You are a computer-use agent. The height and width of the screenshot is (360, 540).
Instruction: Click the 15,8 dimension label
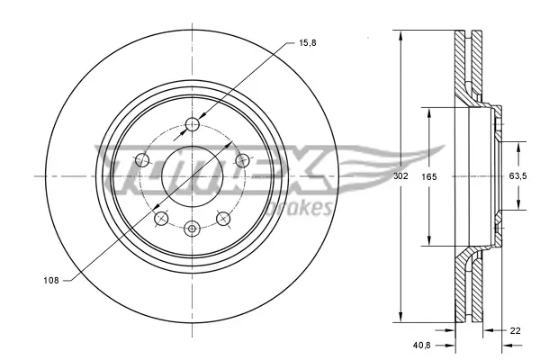307,42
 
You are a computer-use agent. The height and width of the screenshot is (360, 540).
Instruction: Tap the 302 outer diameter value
400,176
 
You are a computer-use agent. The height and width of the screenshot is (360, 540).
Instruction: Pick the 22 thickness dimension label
515,331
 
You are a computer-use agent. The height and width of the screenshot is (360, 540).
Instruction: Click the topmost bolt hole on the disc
191,124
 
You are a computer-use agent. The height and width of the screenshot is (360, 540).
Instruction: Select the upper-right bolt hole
241,160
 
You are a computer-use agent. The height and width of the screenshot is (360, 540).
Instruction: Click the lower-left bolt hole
160,218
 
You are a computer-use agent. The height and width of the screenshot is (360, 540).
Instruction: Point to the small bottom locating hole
191,229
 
